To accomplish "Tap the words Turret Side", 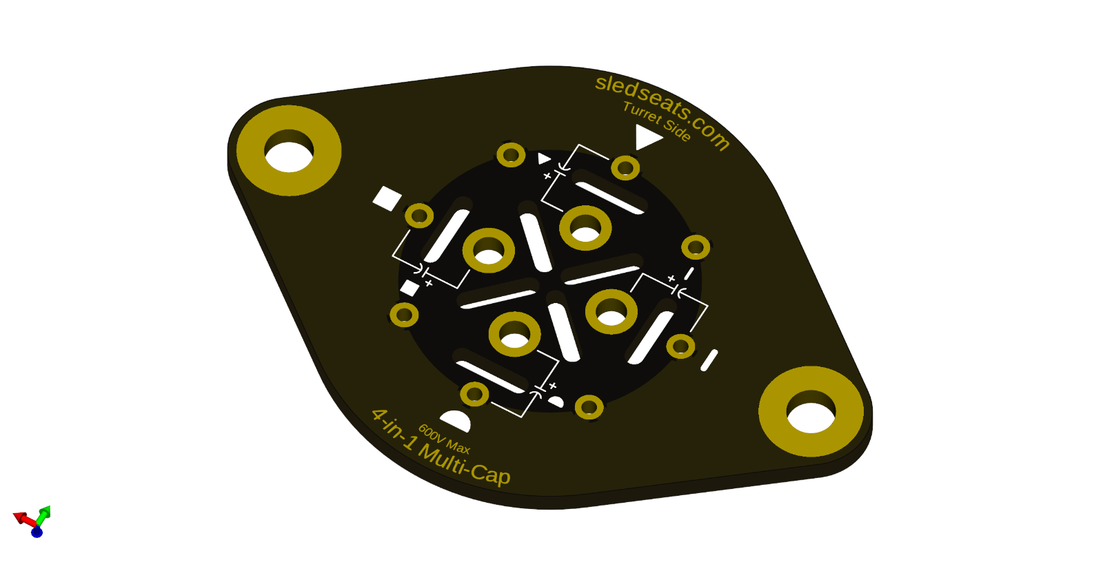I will pyautogui.click(x=657, y=121).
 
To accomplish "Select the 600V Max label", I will pyautogui.click(x=444, y=439).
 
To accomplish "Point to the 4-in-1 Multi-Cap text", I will pyautogui.click(x=441, y=447).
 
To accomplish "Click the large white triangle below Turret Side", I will pyautogui.click(x=647, y=136).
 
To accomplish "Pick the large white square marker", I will pyautogui.click(x=387, y=198).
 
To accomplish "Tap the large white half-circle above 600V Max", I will pyautogui.click(x=456, y=420).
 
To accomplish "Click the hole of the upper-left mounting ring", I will pyautogui.click(x=289, y=156).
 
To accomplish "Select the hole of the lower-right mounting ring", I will pyautogui.click(x=811, y=417).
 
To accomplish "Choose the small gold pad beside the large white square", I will pyautogui.click(x=419, y=216).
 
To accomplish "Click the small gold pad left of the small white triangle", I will pyautogui.click(x=511, y=155).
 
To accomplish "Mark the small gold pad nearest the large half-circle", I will pyautogui.click(x=474, y=395).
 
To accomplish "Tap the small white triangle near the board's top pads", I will pyautogui.click(x=544, y=159).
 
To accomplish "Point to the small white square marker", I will pyautogui.click(x=409, y=288).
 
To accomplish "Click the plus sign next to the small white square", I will pyautogui.click(x=429, y=283).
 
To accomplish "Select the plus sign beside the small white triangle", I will pyautogui.click(x=547, y=176).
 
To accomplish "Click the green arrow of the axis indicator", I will pyautogui.click(x=44, y=514).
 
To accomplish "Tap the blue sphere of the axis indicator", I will pyautogui.click(x=37, y=532).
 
